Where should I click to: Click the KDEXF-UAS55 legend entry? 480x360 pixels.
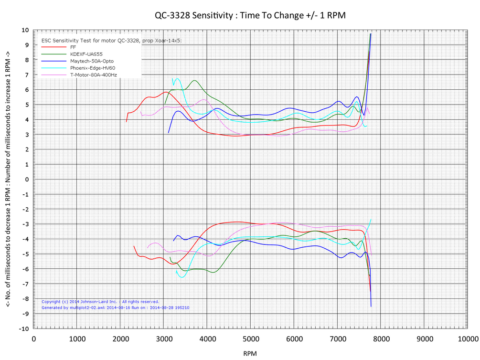pyautogui.click(x=86, y=54)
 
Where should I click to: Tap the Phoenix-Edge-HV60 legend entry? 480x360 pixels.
pyautogui.click(x=92, y=68)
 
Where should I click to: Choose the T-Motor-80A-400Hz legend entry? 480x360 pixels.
pyautogui.click(x=93, y=75)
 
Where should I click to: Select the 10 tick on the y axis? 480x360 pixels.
pyautogui.click(x=25, y=30)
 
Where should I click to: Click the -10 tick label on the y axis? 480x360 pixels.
pyautogui.click(x=23, y=329)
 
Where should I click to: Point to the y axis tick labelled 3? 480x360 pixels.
pyautogui.click(x=27, y=135)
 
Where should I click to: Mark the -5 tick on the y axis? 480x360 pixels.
pyautogui.click(x=25, y=254)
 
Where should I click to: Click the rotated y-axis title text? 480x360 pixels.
pyautogui.click(x=9, y=179)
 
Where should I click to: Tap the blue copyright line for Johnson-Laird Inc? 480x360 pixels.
pyautogui.click(x=100, y=302)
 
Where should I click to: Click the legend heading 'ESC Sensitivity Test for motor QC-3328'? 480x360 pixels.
pyautogui.click(x=112, y=41)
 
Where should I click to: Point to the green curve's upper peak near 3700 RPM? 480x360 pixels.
pyautogui.click(x=194, y=81)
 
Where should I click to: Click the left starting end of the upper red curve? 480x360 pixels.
pyautogui.click(x=126, y=122)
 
